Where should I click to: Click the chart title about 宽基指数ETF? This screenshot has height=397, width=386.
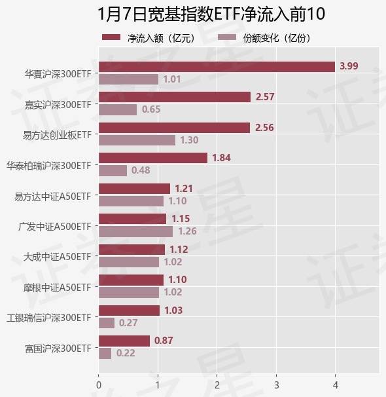click(193, 14)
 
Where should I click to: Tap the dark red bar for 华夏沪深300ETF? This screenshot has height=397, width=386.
click(217, 66)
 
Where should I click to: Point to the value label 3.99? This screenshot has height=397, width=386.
click(349, 66)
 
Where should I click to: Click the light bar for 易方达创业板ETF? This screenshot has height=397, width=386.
click(137, 140)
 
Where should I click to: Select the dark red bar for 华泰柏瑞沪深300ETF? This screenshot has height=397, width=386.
click(153, 158)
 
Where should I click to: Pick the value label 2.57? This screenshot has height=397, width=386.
click(266, 97)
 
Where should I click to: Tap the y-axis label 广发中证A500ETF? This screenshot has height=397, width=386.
click(55, 226)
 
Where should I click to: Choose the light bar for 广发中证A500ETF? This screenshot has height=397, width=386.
click(135, 231)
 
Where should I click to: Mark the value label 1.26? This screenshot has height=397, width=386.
click(187, 231)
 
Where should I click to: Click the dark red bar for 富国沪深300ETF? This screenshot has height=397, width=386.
click(124, 341)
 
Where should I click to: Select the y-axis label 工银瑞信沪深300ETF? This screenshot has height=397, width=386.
click(48, 318)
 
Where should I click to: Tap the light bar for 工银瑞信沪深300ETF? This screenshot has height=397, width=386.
click(107, 323)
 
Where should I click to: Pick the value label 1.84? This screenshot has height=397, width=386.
click(222, 158)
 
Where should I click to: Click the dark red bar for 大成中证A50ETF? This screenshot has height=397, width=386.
click(132, 250)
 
